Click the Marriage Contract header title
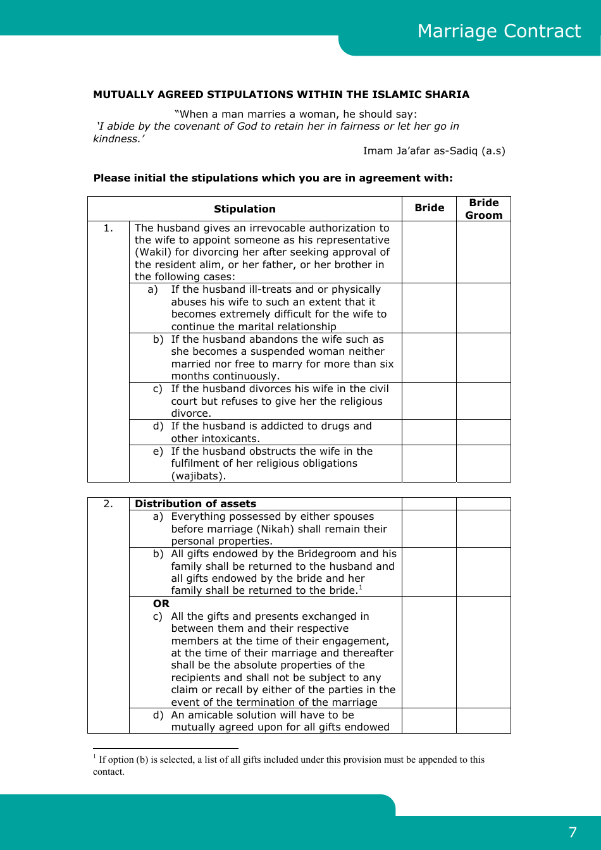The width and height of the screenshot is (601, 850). click(x=499, y=31)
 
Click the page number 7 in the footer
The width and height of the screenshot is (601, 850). click(x=573, y=832)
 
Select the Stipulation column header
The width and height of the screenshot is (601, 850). click(x=244, y=209)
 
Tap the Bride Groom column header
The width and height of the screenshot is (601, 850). click(x=483, y=209)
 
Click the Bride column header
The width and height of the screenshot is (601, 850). click(x=429, y=208)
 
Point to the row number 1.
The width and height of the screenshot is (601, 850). click(x=108, y=228)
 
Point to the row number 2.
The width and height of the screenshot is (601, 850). click(x=108, y=504)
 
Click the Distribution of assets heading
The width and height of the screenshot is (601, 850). click(x=195, y=504)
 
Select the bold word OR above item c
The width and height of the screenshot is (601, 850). click(x=161, y=604)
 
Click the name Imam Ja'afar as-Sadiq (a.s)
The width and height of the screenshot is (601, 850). click(x=434, y=151)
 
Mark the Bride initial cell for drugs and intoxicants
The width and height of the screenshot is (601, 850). click(x=429, y=433)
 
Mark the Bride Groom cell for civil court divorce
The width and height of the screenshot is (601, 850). click(x=483, y=401)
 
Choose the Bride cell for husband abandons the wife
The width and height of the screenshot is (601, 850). click(x=429, y=358)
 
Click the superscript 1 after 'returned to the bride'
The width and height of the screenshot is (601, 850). click(x=361, y=588)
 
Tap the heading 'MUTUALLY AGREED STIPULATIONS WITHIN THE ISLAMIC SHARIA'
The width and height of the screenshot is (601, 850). click(x=281, y=95)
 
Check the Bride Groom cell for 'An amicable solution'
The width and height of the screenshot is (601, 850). click(x=483, y=721)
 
